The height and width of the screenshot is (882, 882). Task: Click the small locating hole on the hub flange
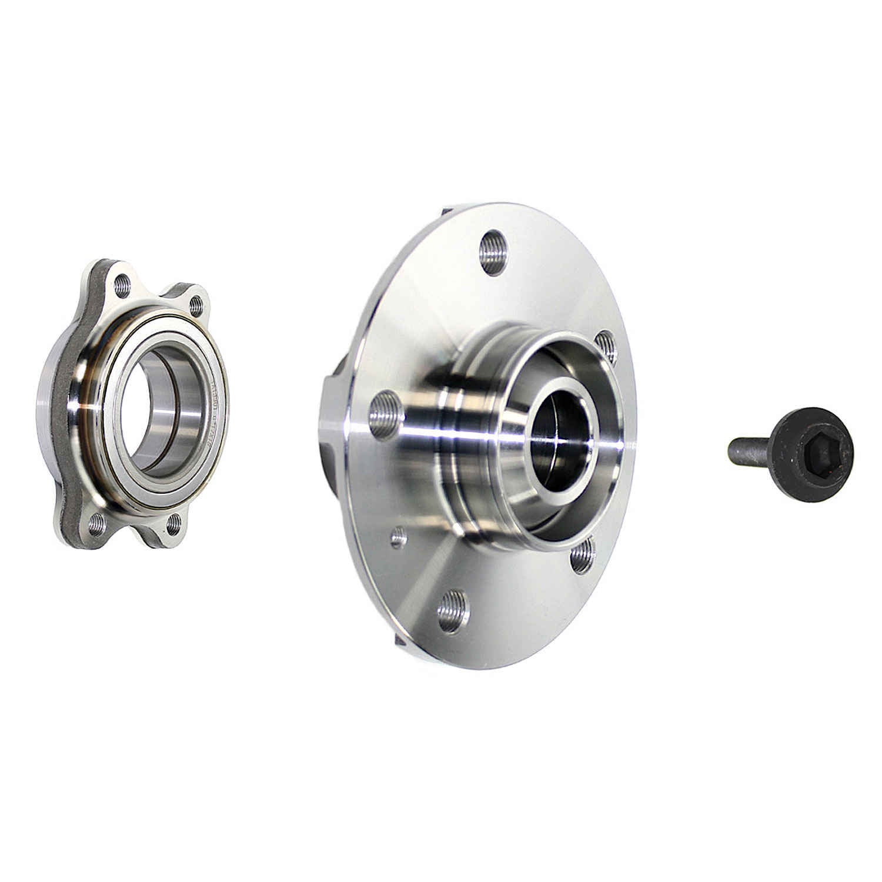(399, 536)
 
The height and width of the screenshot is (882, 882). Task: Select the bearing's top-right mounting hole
(196, 305)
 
